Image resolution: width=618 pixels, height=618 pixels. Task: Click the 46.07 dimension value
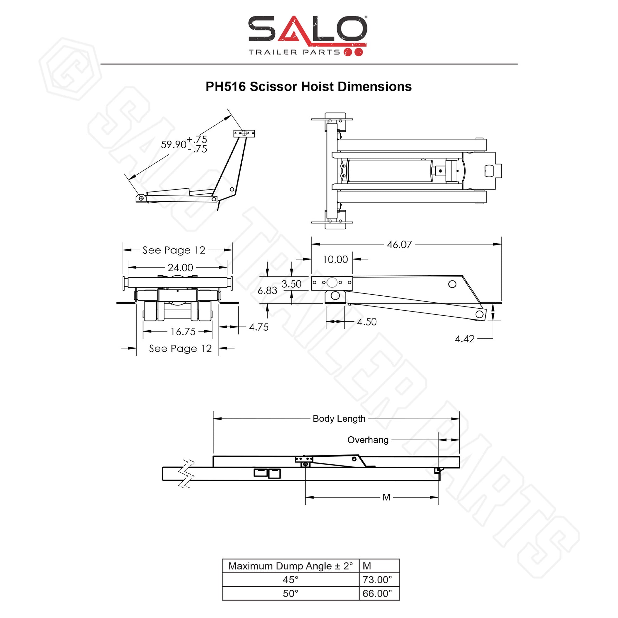tap(399, 245)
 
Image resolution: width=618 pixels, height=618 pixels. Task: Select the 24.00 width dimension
tap(180, 267)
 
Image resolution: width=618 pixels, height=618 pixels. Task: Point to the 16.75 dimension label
tap(183, 332)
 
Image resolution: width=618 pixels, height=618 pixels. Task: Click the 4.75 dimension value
tap(259, 327)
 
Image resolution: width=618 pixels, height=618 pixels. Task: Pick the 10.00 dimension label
tap(335, 259)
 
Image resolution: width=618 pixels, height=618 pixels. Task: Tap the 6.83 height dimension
tap(267, 291)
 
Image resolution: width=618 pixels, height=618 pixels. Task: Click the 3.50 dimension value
tap(292, 284)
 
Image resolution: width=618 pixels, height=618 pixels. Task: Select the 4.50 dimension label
tap(367, 321)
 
